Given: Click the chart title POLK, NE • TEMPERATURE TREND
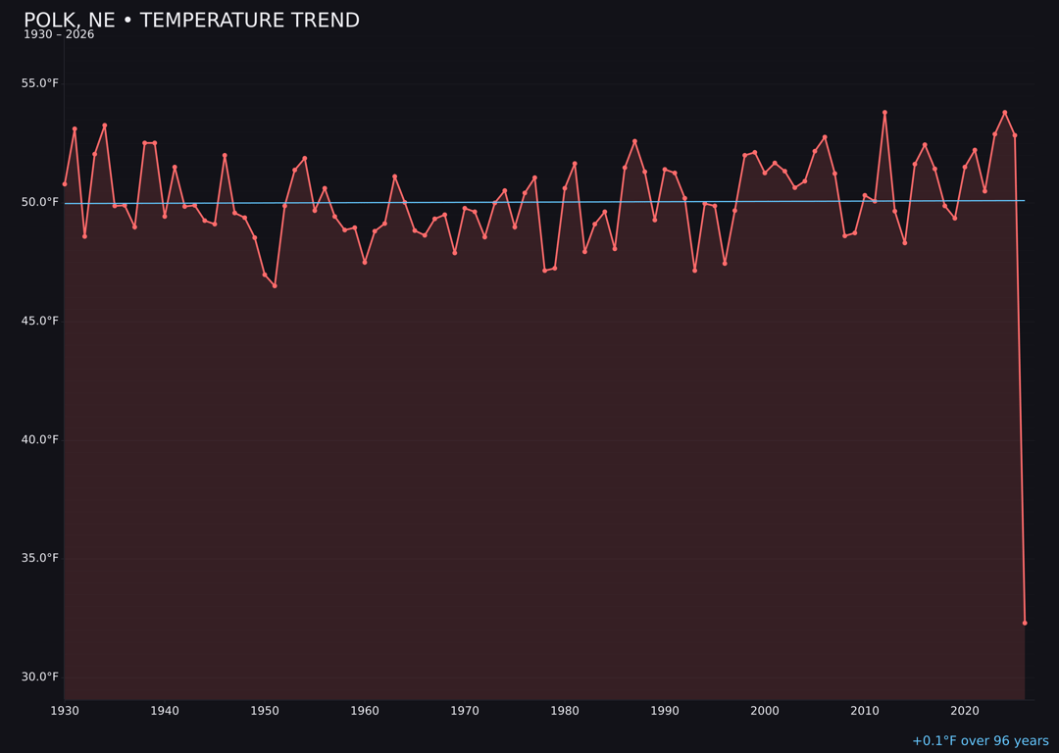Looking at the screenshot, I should coord(191,21).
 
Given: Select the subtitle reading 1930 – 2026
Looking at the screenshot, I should coord(59,34).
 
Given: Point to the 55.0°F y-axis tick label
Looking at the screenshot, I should coord(40,83).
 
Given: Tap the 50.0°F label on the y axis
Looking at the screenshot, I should coord(40,202).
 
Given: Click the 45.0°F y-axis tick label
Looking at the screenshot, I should coord(40,321).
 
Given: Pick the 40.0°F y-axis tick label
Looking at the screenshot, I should coord(40,439).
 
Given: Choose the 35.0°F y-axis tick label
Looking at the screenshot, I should coord(40,558).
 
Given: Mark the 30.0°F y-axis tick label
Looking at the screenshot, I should coord(40,677).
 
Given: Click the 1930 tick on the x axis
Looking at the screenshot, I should coord(65,710).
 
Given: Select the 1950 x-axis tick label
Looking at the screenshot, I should coord(265,710).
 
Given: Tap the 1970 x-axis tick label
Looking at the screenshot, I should coord(465,710).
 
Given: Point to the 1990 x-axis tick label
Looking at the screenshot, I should coord(665,710).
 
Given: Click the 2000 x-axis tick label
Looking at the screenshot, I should coord(765,710).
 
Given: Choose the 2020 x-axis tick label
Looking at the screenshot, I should coord(965,710).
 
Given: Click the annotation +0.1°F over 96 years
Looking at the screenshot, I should coord(980,741).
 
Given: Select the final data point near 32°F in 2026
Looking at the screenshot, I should coord(1025,623).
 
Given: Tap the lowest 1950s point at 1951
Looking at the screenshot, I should coord(275,285).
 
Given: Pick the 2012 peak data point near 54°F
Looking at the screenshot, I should coord(884,113).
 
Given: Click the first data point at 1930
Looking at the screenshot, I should coord(65,183).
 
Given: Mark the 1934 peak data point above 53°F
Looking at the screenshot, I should coord(105,125).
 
